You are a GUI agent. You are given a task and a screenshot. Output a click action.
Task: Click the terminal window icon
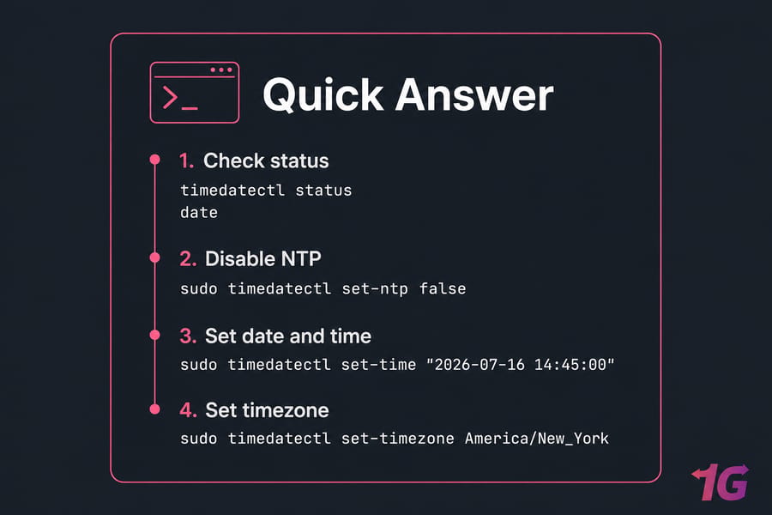195,92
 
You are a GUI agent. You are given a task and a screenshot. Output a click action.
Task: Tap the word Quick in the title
323,95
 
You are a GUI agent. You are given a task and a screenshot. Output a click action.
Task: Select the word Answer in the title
474,95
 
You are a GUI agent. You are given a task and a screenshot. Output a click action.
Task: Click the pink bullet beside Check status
154,159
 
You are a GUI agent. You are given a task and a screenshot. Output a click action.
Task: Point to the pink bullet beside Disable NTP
154,257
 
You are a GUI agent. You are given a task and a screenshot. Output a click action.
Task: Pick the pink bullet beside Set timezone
154,409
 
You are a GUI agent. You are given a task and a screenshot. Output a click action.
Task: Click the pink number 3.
188,336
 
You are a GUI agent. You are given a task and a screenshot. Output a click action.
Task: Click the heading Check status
266,161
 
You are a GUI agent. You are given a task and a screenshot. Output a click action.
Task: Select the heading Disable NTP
263,258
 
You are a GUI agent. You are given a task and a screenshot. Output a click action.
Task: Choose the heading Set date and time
288,336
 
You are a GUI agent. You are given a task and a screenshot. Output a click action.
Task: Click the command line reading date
199,212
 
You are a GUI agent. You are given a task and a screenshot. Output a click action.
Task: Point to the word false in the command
443,288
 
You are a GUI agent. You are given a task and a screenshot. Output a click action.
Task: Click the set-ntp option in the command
375,288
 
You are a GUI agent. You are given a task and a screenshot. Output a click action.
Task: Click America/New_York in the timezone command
537,438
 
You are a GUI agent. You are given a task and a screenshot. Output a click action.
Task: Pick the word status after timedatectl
323,191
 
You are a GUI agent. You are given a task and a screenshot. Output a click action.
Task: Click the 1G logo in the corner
721,482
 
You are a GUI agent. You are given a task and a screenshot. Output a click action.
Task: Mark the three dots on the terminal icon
221,70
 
